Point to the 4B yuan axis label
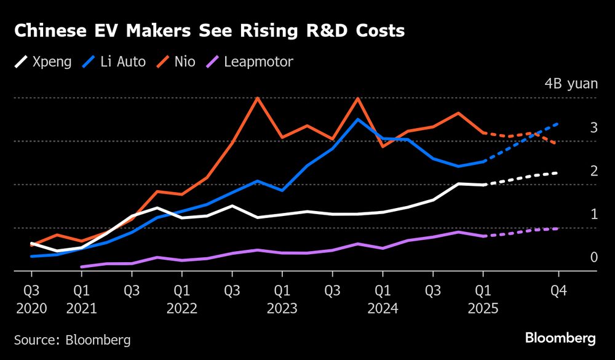pyautogui.click(x=571, y=84)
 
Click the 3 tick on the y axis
pyautogui.click(x=594, y=127)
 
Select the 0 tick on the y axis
pyautogui.click(x=594, y=257)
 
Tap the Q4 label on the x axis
pyautogui.click(x=558, y=290)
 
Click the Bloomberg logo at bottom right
pyautogui.click(x=560, y=338)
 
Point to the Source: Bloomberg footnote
pyautogui.click(x=73, y=339)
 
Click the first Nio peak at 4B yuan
pyautogui.click(x=257, y=98)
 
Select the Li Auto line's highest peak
pyautogui.click(x=359, y=119)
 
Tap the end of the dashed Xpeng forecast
pyautogui.click(x=558, y=173)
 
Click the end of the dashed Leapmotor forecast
pyautogui.click(x=558, y=228)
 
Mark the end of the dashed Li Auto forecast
pyautogui.click(x=558, y=124)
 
